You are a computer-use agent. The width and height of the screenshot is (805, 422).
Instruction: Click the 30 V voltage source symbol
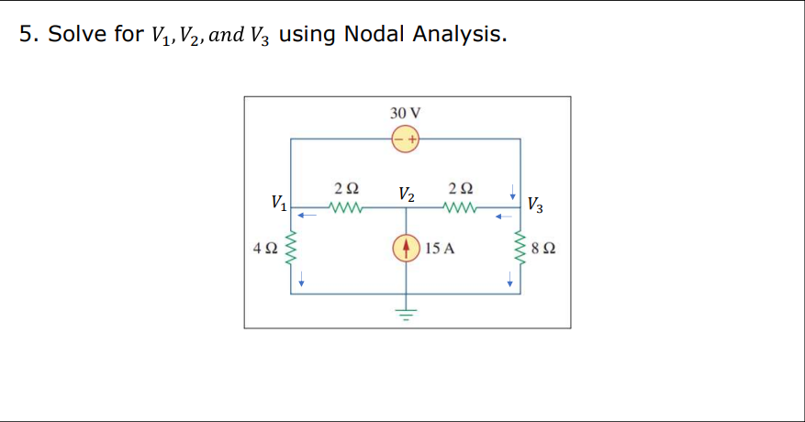(x=406, y=139)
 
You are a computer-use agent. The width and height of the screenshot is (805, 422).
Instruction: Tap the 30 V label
(x=406, y=113)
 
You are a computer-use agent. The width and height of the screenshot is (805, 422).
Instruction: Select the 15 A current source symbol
(x=406, y=248)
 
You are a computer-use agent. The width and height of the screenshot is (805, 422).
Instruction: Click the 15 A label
(x=442, y=248)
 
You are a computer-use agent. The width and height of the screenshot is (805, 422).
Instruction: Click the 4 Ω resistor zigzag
(x=291, y=248)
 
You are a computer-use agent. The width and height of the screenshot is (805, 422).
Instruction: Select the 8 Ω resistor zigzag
(x=521, y=248)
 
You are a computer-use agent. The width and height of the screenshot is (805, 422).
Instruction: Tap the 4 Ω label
(x=264, y=248)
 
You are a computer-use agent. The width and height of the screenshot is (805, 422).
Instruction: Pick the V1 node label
(x=278, y=202)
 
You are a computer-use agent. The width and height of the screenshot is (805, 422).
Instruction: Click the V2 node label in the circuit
(x=407, y=194)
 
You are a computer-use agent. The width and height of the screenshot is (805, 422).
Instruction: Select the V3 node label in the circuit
(x=536, y=204)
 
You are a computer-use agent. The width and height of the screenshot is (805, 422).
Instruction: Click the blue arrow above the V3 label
(x=512, y=194)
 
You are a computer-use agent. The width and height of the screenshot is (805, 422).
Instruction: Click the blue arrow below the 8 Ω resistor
(x=510, y=283)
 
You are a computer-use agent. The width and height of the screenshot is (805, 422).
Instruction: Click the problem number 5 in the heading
(x=26, y=35)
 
